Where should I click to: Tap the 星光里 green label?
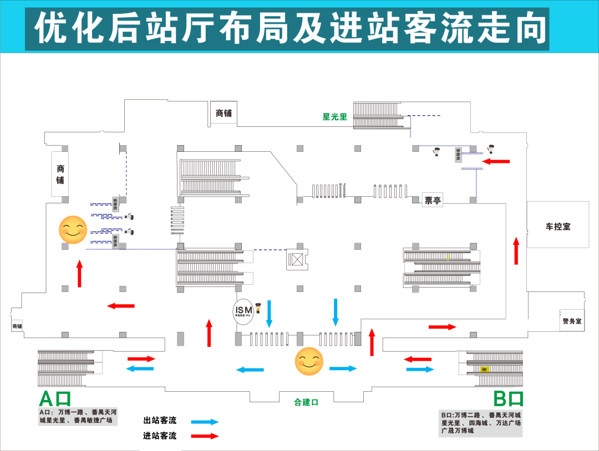[x=335, y=117]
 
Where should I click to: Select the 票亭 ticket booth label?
[x=433, y=201]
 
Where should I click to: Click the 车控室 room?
[x=557, y=226]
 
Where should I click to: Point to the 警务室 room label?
[x=571, y=321]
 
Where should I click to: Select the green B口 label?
[x=508, y=399]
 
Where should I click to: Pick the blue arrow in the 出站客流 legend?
[x=205, y=422]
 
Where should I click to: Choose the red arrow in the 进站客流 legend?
[x=205, y=436]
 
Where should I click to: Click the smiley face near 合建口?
[x=309, y=361]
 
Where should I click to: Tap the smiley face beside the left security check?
[x=73, y=230]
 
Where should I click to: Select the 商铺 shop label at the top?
[x=224, y=113]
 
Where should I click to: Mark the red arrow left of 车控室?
[x=516, y=250]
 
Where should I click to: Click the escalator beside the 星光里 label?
[x=377, y=115]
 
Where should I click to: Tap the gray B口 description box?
[x=480, y=423]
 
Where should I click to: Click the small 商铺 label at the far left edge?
[x=17, y=326]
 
